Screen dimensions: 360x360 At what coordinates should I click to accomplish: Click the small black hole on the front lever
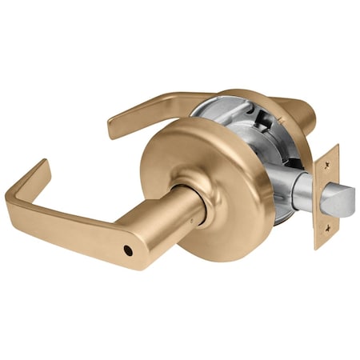(x=129, y=250)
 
